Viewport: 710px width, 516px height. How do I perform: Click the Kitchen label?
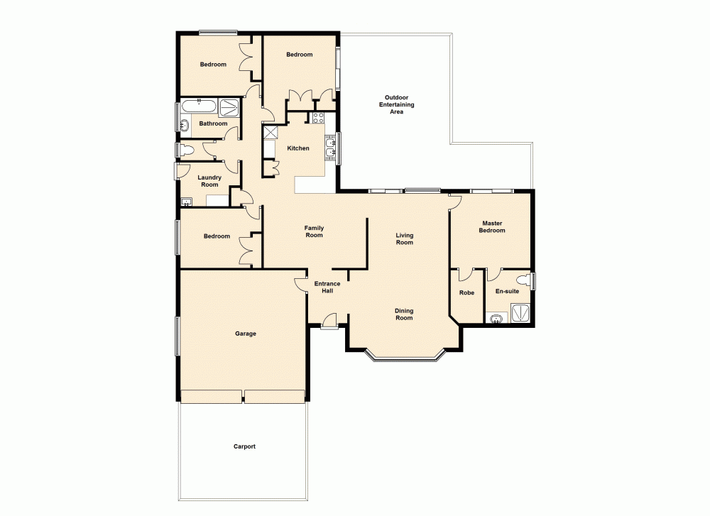pyautogui.click(x=298, y=148)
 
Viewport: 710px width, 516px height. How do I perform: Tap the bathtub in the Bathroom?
pyautogui.click(x=199, y=106)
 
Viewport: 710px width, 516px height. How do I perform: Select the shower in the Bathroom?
pyautogui.click(x=229, y=107)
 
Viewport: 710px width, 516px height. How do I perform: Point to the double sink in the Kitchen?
pyautogui.click(x=329, y=147)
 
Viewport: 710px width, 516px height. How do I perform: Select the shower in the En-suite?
pyautogui.click(x=520, y=313)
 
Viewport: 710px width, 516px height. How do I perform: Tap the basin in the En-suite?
pyautogui.click(x=496, y=317)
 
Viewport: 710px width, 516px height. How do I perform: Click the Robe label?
pyautogui.click(x=466, y=292)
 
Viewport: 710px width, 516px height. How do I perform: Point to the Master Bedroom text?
pyautogui.click(x=492, y=226)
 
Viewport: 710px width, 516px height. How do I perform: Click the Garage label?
pyautogui.click(x=246, y=334)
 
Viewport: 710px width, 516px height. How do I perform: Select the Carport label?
pyautogui.click(x=244, y=446)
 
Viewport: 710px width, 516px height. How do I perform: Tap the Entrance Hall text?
pyautogui.click(x=327, y=287)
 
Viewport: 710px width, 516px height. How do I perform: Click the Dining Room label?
pyautogui.click(x=404, y=314)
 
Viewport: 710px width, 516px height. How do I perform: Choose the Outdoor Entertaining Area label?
pyautogui.click(x=396, y=104)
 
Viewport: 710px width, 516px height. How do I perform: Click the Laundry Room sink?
pyautogui.click(x=187, y=202)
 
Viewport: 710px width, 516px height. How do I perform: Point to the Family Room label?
pyautogui.click(x=314, y=231)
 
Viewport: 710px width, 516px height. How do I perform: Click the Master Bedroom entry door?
pyautogui.click(x=455, y=203)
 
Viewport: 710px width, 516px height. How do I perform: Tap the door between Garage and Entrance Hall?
pyautogui.click(x=301, y=284)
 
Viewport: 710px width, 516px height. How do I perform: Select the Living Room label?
pyautogui.click(x=404, y=239)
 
